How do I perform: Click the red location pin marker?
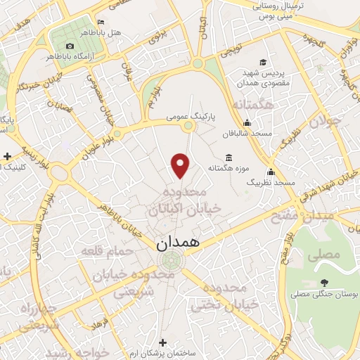pyautogui.click(x=181, y=165)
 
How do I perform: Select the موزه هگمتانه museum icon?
pyautogui.click(x=229, y=157)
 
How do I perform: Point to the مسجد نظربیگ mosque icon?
pyautogui.click(x=271, y=172)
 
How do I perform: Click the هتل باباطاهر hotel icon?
pyautogui.click(x=103, y=22)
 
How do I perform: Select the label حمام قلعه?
pyautogui.click(x=102, y=250)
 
